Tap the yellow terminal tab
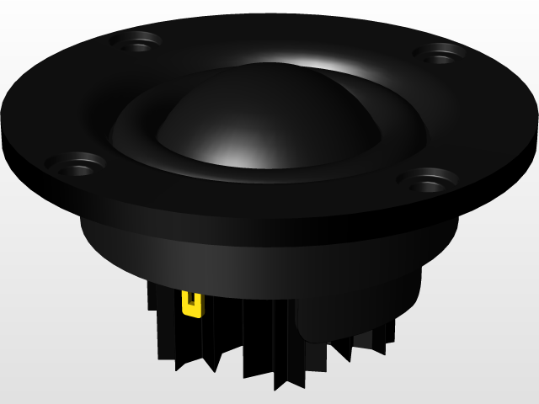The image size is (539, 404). [192, 303]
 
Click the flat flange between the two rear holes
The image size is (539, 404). [286, 38]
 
